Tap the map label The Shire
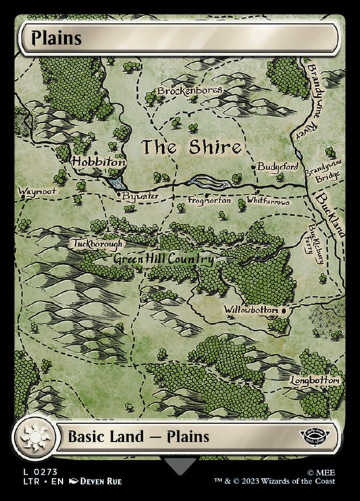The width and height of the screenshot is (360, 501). click(190, 147)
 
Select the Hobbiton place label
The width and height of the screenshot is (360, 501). click(99, 163)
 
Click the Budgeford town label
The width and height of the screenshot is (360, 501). click(278, 165)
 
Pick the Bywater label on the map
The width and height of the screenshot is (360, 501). click(138, 196)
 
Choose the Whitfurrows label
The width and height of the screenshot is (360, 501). click(268, 201)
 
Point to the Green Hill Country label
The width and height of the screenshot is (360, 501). click(163, 259)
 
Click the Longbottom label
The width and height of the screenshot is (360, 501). click(314, 381)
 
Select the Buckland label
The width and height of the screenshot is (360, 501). click(332, 214)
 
